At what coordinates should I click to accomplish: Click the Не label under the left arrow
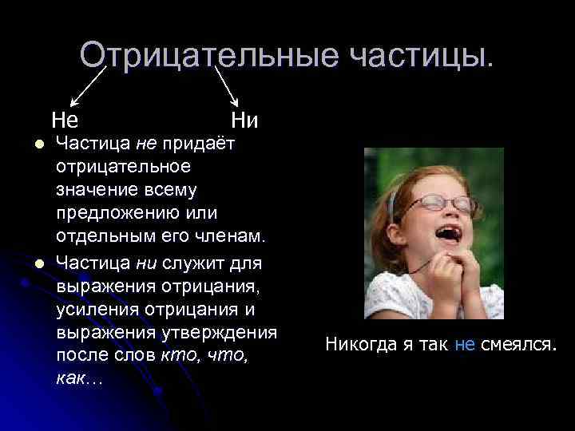tap(65, 121)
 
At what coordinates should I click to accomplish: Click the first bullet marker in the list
tap(26, 144)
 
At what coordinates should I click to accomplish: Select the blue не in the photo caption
tap(465, 344)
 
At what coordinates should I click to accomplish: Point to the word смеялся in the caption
tap(517, 344)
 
